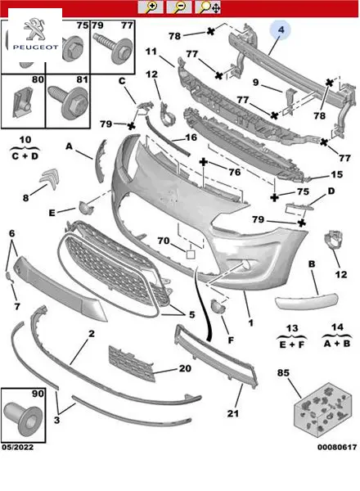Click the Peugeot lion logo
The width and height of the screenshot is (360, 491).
(x=34, y=29)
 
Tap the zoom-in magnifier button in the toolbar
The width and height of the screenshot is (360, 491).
(x=151, y=7)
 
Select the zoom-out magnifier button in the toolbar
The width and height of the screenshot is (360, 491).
(x=179, y=7)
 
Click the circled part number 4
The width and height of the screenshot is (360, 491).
(x=281, y=29)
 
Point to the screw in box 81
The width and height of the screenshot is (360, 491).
(x=68, y=100)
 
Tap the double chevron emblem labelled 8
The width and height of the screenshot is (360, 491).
(x=50, y=178)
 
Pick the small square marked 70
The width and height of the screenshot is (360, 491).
(x=191, y=254)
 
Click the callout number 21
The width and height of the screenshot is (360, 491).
(x=233, y=413)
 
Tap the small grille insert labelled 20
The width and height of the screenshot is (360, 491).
(x=132, y=363)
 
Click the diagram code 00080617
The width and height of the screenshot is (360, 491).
(x=337, y=447)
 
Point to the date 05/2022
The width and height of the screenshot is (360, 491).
(x=17, y=447)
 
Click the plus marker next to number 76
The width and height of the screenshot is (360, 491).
(x=204, y=162)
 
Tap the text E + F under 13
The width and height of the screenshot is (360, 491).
(x=292, y=345)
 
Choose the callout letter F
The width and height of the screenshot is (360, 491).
(x=231, y=340)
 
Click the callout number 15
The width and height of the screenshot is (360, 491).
(x=337, y=174)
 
